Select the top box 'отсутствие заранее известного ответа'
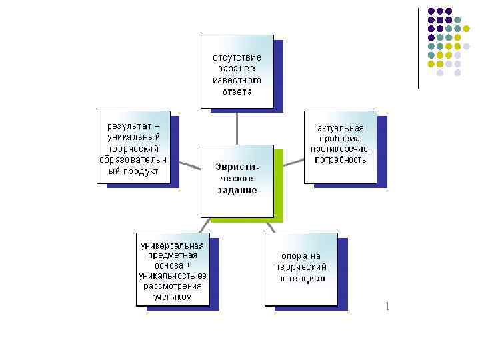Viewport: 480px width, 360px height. (237, 71)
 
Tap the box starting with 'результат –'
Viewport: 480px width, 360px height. (133, 147)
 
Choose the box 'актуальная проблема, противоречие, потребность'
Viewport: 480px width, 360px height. (340, 146)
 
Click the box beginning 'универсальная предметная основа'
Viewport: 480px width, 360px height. (172, 269)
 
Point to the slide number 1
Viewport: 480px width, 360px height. (387, 307)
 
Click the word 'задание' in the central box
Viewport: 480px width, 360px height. (237, 190)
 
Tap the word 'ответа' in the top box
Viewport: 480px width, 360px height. (237, 91)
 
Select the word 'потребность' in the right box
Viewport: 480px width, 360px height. (341, 159)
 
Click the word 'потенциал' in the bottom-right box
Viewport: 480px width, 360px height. (301, 278)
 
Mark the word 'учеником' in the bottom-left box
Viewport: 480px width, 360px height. (172, 297)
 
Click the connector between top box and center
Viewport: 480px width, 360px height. (237, 127)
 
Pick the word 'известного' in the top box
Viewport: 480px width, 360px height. (237, 80)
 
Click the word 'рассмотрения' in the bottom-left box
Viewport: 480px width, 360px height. (172, 286)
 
